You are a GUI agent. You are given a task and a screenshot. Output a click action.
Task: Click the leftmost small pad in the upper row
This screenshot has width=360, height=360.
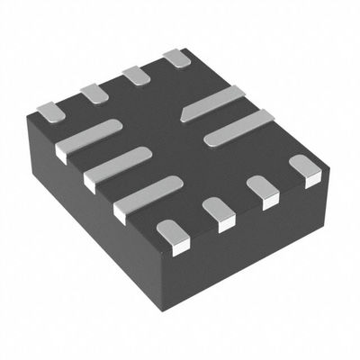[49, 111]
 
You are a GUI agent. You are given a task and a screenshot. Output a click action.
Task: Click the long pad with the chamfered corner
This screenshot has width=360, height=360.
[214, 103]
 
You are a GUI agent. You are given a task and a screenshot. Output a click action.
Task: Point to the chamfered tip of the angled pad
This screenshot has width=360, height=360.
[186, 114]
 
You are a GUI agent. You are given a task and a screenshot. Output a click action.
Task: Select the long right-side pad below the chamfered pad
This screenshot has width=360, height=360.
[238, 128]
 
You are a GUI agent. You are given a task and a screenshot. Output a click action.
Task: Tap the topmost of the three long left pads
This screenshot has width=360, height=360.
[87, 139]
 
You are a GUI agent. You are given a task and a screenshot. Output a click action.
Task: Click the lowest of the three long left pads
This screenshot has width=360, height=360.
[148, 196]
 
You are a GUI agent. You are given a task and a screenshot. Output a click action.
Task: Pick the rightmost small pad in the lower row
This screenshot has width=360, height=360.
[304, 168]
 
